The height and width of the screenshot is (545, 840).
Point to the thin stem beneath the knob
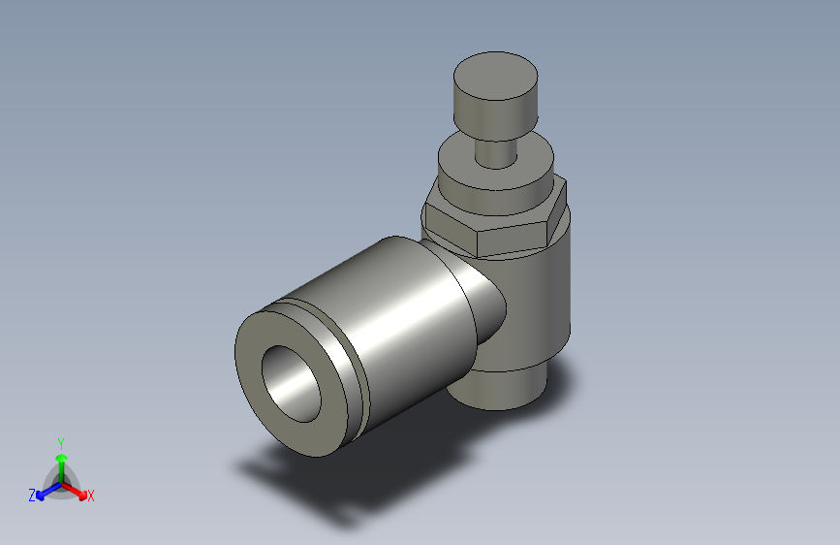[496, 152]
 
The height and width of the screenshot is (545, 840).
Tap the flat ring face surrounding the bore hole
[260, 388]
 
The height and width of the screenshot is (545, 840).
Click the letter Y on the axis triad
[60, 441]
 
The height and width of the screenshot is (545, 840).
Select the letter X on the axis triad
[90, 496]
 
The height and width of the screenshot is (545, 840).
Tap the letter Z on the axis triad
[32, 495]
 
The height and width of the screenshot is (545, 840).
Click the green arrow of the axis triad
[61, 461]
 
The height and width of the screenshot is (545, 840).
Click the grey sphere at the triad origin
[61, 482]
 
